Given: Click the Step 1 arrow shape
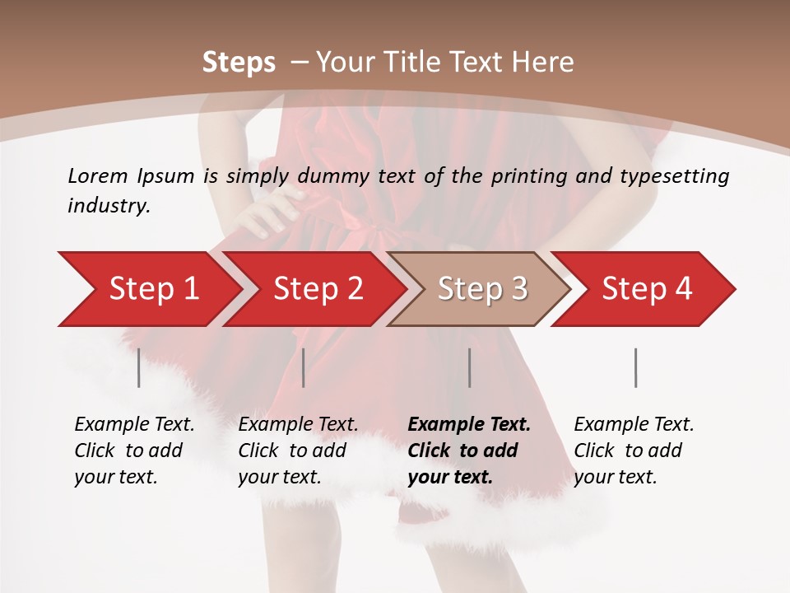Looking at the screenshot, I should click(x=148, y=289).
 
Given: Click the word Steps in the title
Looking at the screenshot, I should click(x=239, y=63).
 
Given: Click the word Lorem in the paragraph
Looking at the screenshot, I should click(x=98, y=175).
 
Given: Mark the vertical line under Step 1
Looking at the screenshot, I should click(x=139, y=367).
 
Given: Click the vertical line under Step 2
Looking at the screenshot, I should click(x=304, y=367).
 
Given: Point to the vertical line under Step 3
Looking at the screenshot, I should click(x=470, y=367).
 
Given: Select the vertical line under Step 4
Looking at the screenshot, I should click(x=636, y=367).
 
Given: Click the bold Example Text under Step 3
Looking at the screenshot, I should click(x=469, y=425).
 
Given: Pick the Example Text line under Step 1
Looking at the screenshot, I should click(x=134, y=425).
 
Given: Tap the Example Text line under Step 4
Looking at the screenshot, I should click(x=634, y=425).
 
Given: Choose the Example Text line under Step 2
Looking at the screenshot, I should click(x=298, y=425).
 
